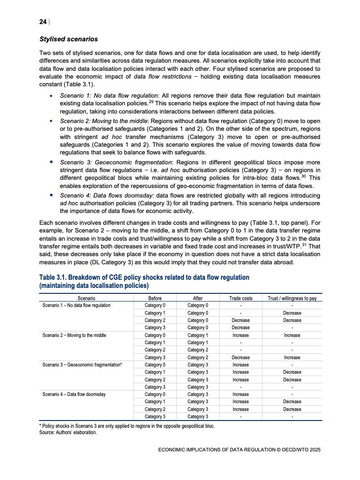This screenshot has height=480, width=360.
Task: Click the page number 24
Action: (x=43, y=22)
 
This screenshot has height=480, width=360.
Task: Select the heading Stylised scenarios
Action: (x=69, y=39)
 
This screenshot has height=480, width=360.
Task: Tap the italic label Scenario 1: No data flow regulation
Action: (x=109, y=96)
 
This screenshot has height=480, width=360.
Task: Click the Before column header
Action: (x=155, y=298)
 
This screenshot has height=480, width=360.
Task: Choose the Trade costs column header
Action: (x=241, y=298)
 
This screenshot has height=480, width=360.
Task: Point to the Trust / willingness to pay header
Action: (x=292, y=298)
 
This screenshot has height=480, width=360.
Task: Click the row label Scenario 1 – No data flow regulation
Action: (x=76, y=305)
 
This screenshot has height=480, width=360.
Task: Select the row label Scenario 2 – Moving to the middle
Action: (x=74, y=335)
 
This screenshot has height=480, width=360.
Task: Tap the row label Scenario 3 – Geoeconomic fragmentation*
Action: (x=82, y=365)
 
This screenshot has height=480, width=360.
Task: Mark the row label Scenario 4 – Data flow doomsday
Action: (x=74, y=394)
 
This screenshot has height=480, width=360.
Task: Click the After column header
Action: (x=198, y=298)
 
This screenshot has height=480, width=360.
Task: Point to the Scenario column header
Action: (x=86, y=298)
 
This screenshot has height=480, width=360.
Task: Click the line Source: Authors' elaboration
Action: (x=68, y=432)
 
